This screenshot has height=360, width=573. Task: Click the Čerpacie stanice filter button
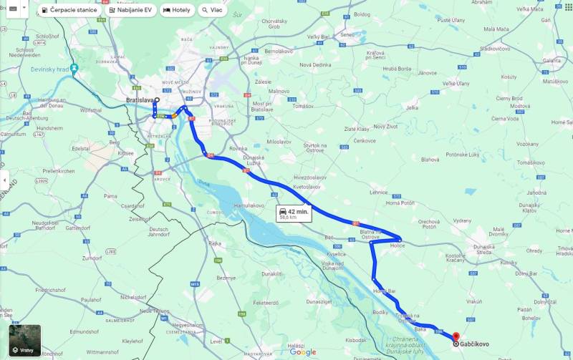(x=69, y=10)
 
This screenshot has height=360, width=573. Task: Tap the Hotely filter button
(x=177, y=10)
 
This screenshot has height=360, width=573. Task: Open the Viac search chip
(x=212, y=10)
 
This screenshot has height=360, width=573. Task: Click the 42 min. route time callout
(x=294, y=213)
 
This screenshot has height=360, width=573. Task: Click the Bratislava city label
(x=140, y=100)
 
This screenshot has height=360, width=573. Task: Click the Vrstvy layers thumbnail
(x=24, y=341)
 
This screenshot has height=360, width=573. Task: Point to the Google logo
(x=303, y=351)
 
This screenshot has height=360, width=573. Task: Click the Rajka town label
(x=214, y=243)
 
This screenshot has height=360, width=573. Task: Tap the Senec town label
(x=347, y=34)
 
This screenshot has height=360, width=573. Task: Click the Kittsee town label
(x=126, y=152)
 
